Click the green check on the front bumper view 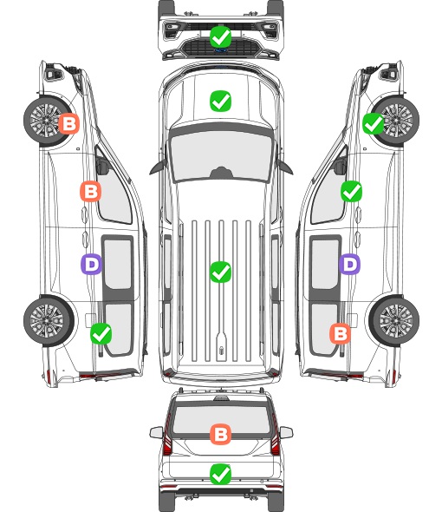[220, 37]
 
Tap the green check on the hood [220, 101]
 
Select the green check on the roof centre [220, 272]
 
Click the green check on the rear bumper [220, 474]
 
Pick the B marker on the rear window [220, 434]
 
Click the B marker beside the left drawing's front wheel [68, 124]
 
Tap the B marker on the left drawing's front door [91, 191]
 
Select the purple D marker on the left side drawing [92, 264]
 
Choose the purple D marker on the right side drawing [349, 264]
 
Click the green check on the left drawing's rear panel [101, 334]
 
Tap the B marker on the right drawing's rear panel [341, 334]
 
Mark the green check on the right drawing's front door [351, 191]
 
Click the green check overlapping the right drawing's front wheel [374, 124]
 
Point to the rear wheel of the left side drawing [49, 321]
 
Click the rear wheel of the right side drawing [394, 321]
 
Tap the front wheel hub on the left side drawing [46, 120]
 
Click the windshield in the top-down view [221, 155]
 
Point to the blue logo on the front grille [220, 50]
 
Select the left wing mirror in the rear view [156, 432]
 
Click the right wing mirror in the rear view [286, 432]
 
